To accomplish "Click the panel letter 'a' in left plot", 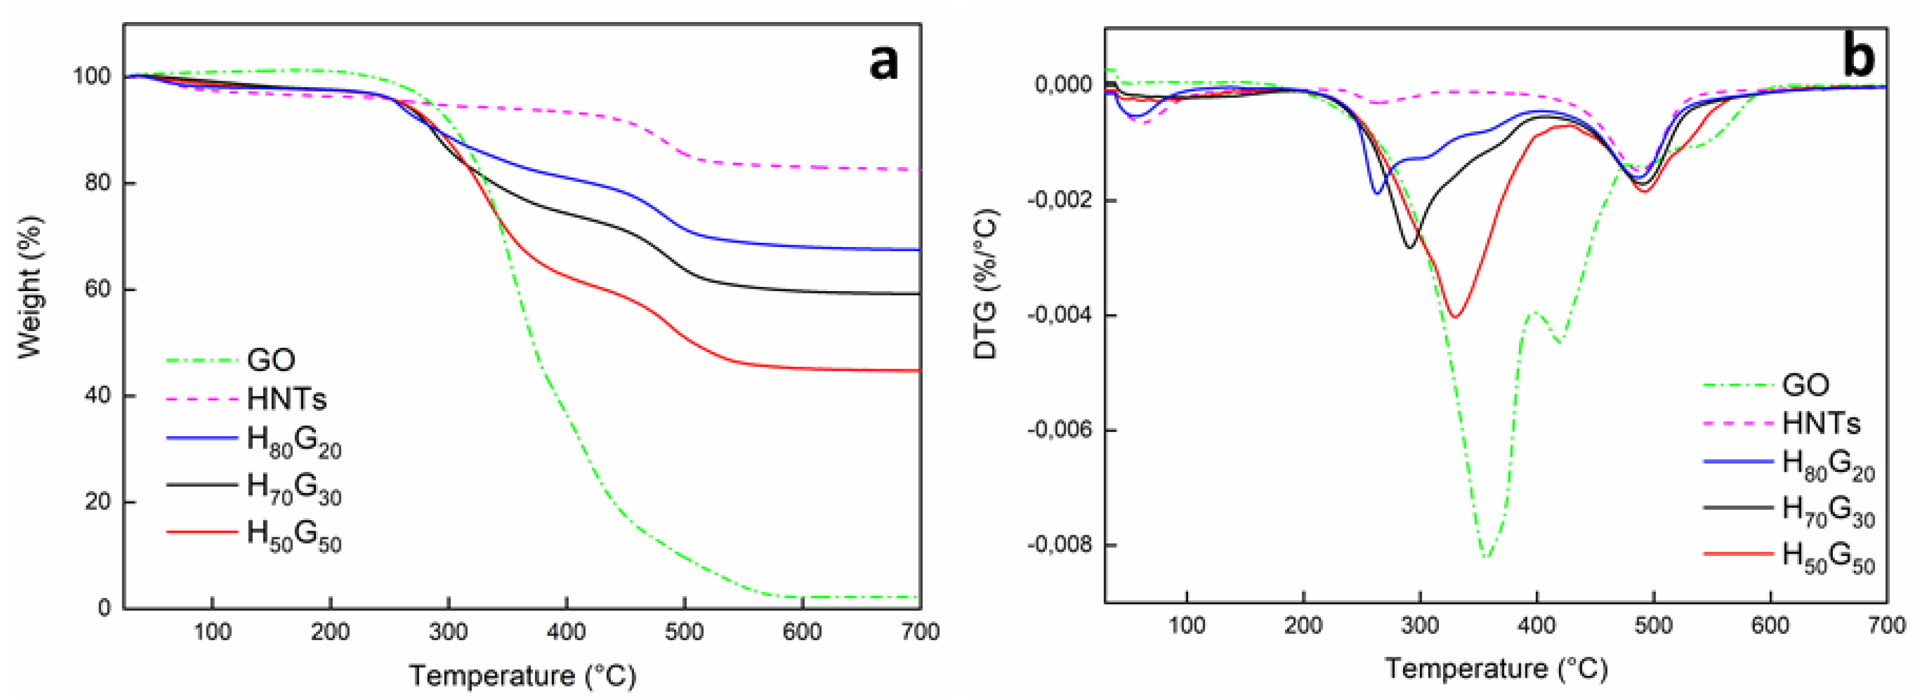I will click(884, 61).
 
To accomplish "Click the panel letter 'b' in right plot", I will click(1858, 57).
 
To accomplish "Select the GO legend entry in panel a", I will click(271, 360).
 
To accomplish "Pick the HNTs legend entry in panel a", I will click(287, 399).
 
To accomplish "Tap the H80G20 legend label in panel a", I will click(294, 442).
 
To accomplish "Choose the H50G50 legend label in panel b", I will click(1828, 557).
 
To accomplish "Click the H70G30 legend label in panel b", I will click(1828, 511).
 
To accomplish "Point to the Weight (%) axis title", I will click(30, 287).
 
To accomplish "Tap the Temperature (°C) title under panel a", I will click(522, 675).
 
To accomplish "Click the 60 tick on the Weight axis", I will click(97, 289).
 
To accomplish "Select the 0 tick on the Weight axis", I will click(104, 608).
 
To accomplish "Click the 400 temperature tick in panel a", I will click(566, 632).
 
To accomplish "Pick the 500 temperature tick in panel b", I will click(1653, 625).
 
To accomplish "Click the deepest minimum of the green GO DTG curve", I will click(1486, 557).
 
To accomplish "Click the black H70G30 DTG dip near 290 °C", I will click(1410, 247).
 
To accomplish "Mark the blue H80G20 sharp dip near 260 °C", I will click(1377, 193).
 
